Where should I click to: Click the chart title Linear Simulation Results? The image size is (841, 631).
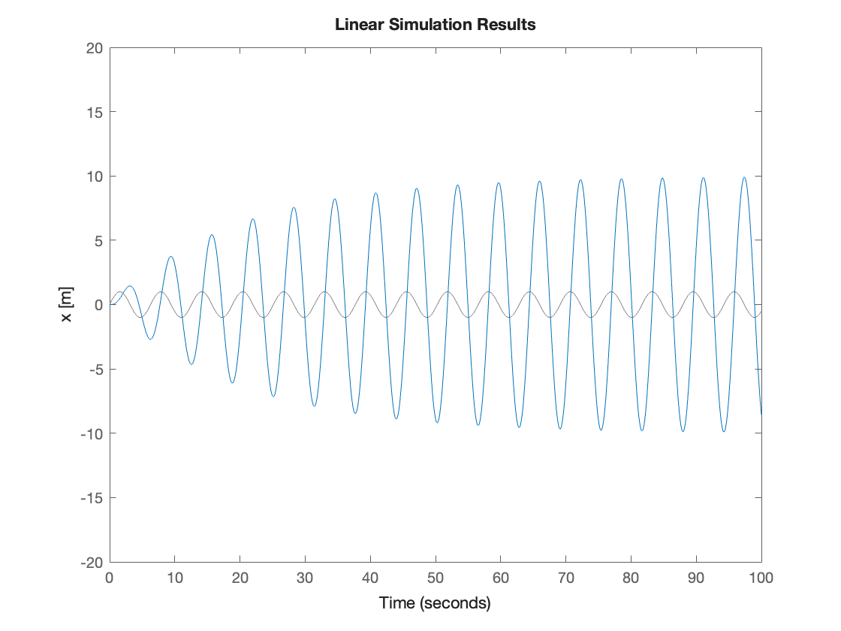[435, 25]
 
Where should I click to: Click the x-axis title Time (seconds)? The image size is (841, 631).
[435, 602]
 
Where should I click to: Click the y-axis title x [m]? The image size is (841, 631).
[67, 305]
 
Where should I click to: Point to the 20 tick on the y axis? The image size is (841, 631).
[95, 48]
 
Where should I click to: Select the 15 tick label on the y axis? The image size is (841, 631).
[95, 112]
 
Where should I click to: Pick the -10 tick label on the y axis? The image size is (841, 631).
[90, 433]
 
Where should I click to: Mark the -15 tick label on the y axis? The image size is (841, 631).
[90, 497]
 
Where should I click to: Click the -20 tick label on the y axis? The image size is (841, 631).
[90, 562]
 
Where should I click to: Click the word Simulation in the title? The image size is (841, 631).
[430, 25]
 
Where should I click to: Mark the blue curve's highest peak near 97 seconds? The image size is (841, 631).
[744, 178]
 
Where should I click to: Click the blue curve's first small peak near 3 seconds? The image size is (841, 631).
[130, 286]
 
